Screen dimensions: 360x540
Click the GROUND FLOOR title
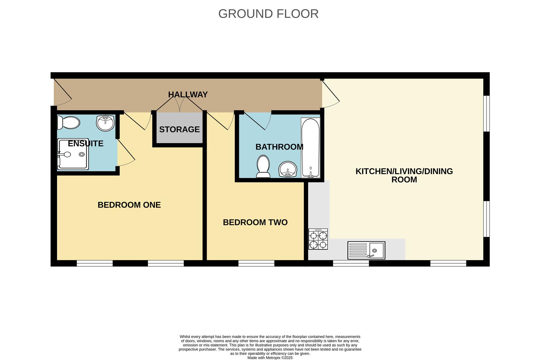coord(268,14)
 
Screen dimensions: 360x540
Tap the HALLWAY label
coord(188,95)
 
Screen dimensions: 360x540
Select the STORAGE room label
coord(179,129)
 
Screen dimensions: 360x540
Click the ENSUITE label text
coord(86,144)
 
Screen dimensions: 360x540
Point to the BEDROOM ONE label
coord(129,205)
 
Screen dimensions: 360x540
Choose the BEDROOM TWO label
coord(255,222)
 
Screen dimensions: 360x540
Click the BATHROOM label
coord(279,147)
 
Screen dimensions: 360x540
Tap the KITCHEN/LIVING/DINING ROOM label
coord(404,175)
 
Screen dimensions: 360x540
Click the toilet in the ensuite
coord(69,123)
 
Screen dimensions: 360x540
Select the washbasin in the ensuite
coord(105,123)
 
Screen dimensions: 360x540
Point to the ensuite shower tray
coord(73,154)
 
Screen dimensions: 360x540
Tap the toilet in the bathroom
coord(263,166)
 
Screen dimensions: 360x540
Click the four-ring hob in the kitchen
coord(318,239)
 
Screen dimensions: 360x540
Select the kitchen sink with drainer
coord(366,250)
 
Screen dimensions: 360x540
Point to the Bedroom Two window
coord(256,263)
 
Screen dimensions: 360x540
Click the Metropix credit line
coord(270,358)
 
